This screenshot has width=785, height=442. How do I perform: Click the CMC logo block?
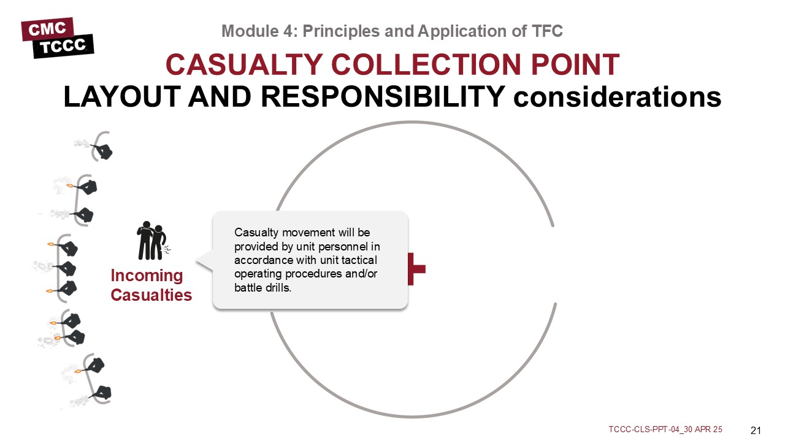[x=48, y=29]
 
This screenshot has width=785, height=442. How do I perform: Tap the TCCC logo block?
[x=63, y=46]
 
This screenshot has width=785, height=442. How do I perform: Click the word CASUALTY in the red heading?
[x=244, y=64]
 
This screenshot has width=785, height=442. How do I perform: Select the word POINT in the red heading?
[x=575, y=64]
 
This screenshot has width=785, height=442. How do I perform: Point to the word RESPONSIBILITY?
[x=383, y=96]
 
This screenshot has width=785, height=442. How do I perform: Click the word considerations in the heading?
[x=617, y=96]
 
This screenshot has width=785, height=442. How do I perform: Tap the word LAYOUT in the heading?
[x=122, y=96]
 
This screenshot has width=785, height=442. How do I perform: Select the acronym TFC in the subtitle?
[x=547, y=31]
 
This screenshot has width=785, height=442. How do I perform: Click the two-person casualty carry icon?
[x=153, y=241]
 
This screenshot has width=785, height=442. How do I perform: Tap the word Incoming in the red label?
[x=147, y=276]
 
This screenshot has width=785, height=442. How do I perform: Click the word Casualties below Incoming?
[x=151, y=295]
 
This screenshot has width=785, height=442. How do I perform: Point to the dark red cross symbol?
[x=416, y=269]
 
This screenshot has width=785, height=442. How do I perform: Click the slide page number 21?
[x=756, y=430]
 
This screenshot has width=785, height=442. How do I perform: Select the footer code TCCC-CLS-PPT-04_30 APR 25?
[x=665, y=429]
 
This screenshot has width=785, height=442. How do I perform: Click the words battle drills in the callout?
[x=263, y=288]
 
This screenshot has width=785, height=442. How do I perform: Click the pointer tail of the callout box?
[x=204, y=261]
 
